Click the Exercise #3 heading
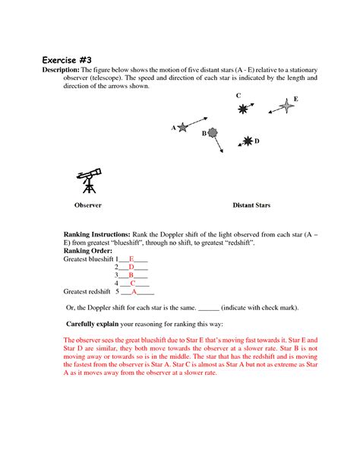(x=67, y=60)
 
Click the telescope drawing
(x=89, y=181)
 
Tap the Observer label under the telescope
(x=88, y=205)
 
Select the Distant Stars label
(x=251, y=205)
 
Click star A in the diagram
(x=182, y=128)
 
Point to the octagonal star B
(x=213, y=132)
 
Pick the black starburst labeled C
(x=243, y=109)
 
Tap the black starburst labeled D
(x=248, y=141)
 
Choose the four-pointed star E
(x=286, y=106)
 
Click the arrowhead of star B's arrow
(x=222, y=151)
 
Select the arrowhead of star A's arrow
(x=206, y=119)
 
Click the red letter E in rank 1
(x=131, y=259)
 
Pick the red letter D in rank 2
(x=131, y=267)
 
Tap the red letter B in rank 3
(x=131, y=275)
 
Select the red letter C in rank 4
(x=132, y=284)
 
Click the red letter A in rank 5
(x=134, y=292)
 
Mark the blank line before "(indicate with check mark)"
(x=209, y=310)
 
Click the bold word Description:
(x=61, y=70)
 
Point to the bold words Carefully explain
(x=93, y=324)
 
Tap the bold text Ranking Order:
(x=88, y=251)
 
